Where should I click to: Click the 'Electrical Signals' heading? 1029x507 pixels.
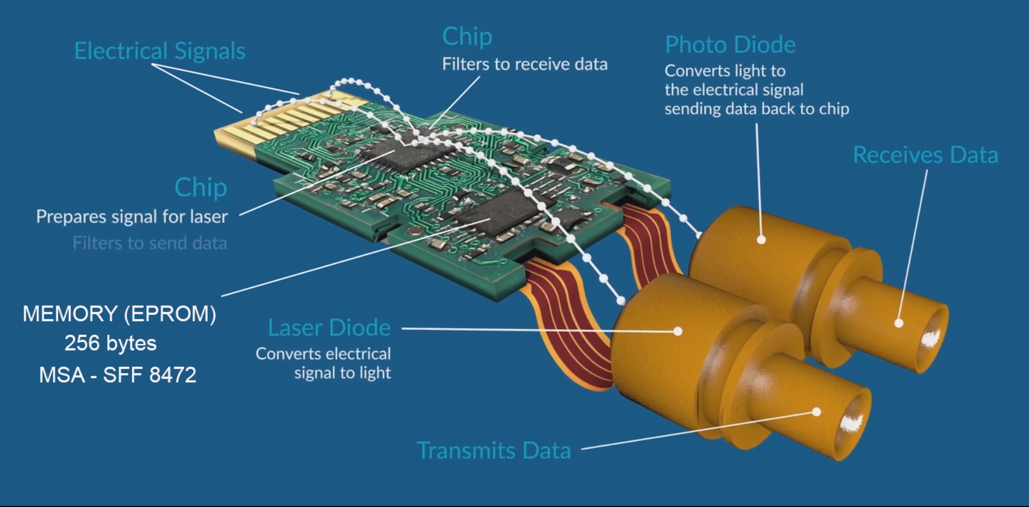tap(160, 51)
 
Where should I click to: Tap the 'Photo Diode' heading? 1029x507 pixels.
tap(730, 45)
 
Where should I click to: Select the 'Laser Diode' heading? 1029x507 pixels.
tap(329, 328)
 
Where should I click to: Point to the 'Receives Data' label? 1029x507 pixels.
tap(926, 155)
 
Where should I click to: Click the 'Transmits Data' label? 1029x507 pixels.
tap(493, 450)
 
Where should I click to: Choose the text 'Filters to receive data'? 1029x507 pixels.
tap(525, 65)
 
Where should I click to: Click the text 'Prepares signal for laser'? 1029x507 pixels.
tap(132, 217)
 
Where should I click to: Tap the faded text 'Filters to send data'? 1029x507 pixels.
tap(150, 243)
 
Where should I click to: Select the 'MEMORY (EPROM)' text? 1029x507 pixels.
tap(119, 314)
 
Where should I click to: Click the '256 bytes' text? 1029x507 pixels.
tap(110, 343)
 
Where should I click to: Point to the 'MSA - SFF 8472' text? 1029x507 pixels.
tap(117, 375)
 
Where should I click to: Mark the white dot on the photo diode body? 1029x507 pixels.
tap(761, 240)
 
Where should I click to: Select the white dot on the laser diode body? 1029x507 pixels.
tap(678, 331)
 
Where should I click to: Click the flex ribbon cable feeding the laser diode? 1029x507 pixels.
tap(568, 323)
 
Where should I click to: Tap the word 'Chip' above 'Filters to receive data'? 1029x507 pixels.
tap(467, 37)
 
